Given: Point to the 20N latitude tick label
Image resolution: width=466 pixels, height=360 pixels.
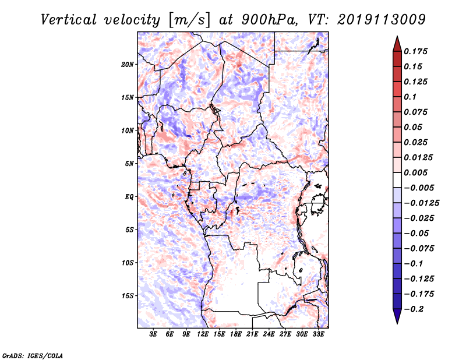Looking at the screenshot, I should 128,64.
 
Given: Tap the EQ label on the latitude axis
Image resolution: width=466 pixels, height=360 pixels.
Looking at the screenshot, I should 129,197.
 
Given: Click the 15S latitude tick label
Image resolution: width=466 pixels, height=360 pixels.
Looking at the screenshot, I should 128,296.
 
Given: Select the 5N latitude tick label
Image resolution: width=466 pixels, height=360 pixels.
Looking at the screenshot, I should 129,164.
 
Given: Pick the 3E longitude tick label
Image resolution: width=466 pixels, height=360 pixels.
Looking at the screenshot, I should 154,334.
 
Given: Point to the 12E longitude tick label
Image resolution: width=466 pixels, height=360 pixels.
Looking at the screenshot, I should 203,334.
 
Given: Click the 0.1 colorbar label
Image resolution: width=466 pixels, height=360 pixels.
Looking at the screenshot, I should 412,97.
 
